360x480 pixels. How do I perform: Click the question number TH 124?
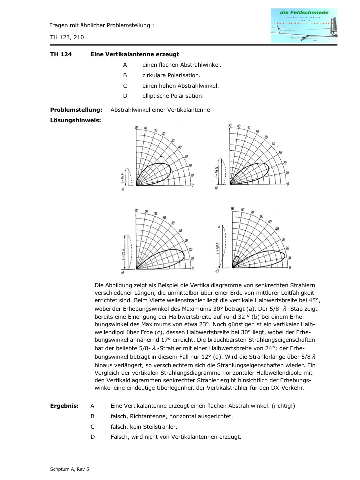pyautogui.click(x=60, y=54)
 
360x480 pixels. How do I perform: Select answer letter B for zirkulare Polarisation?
pyautogui.click(x=125, y=75)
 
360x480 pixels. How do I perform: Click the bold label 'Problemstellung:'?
pyautogui.click(x=76, y=110)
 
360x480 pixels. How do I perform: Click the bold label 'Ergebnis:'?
pyautogui.click(x=64, y=405)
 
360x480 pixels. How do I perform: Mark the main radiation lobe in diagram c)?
pyautogui.click(x=162, y=258)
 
